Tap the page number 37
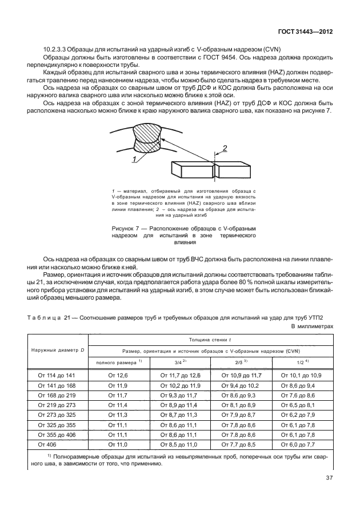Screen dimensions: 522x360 [x=327, y=495]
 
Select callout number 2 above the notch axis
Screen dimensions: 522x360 [x=224, y=148]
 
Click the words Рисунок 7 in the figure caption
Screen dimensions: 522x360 [x=126, y=228]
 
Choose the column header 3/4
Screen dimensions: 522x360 [x=179, y=362]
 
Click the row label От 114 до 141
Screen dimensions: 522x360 [x=55, y=374]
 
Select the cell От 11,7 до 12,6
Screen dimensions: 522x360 [x=179, y=374]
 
